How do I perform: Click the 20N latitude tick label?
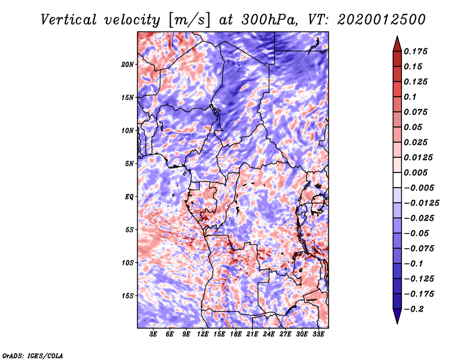[128, 64]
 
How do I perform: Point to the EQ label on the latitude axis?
[129, 197]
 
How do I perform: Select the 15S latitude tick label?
[128, 296]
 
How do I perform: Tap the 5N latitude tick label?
[129, 164]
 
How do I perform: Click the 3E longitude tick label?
[154, 334]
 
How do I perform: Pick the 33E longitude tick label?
[319, 334]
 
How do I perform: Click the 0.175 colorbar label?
[417, 52]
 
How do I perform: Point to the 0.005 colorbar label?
[417, 173]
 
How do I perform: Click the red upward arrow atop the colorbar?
[396, 43]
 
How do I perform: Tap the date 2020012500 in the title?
[371, 19]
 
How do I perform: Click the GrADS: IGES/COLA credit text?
[32, 355]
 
